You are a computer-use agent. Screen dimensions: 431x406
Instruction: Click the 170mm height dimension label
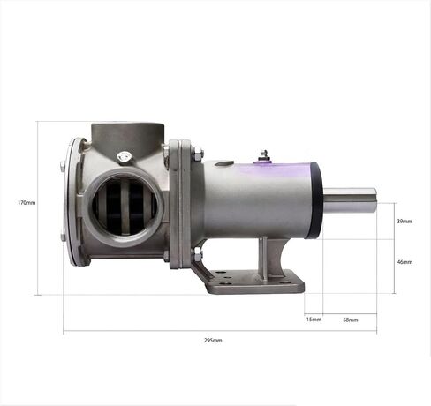pos(26,203)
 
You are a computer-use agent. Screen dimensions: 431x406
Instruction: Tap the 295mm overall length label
pos(213,341)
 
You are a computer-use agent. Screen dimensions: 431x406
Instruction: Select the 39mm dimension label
pos(405,222)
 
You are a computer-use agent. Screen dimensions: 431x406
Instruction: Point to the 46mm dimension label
pos(405,262)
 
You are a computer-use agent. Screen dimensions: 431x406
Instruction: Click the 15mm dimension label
pos(314,320)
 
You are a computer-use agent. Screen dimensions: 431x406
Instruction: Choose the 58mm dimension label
pos(351,320)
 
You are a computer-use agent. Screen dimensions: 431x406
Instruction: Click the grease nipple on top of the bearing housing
pos(263,155)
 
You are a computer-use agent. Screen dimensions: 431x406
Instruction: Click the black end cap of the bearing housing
pos(314,200)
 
